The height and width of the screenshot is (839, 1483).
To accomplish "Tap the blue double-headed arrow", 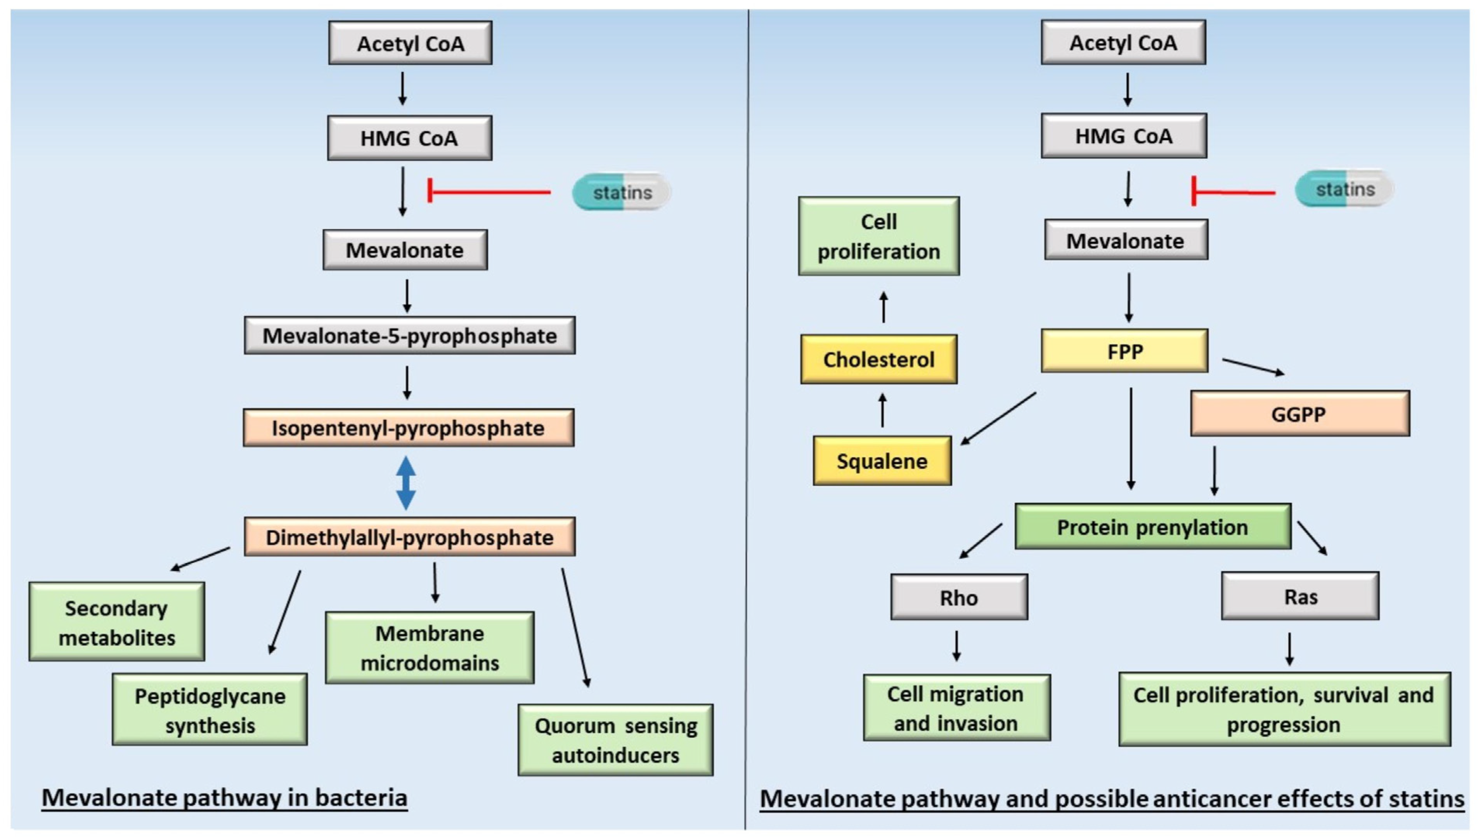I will tap(406, 483).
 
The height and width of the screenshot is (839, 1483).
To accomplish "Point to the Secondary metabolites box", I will tap(117, 622).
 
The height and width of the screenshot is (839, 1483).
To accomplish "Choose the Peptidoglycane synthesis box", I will tap(210, 709).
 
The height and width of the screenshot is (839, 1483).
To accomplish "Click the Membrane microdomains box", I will tap(430, 648).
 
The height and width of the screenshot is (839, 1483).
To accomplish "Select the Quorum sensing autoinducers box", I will tap(615, 740).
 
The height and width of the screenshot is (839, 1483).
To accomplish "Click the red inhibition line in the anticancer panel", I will tap(1233, 192).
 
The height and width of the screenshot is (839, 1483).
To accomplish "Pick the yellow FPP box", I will tap(1124, 351).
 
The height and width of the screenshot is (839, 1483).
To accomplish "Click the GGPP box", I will tap(1300, 414).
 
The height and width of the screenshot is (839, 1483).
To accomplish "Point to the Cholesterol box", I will tap(878, 359).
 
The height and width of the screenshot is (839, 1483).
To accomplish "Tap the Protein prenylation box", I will tap(1152, 527).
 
